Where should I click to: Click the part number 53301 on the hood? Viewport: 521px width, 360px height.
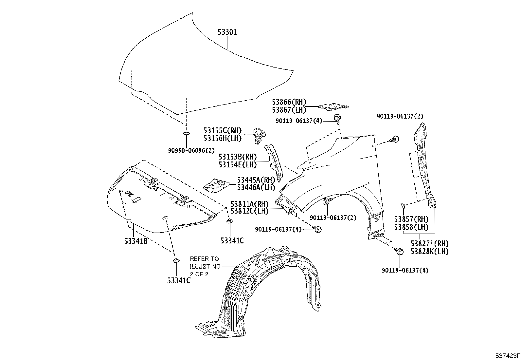click(227, 32)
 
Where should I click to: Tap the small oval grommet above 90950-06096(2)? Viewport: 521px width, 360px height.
click(187, 134)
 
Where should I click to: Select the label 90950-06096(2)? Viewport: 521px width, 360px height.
click(191, 150)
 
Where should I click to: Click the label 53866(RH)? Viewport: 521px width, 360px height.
click(289, 102)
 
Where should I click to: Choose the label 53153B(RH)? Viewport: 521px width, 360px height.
click(238, 157)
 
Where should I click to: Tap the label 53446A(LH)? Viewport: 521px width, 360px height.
click(256, 188)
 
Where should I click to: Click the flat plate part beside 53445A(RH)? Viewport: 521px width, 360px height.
click(216, 186)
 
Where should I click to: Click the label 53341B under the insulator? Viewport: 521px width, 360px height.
click(135, 241)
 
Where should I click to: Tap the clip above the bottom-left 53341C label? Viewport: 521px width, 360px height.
click(176, 260)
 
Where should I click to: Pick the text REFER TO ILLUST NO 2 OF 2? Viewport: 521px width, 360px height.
click(205, 266)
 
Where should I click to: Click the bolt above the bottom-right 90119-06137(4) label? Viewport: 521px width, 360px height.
click(400, 252)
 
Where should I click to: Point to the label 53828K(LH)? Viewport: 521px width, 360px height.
click(429, 252)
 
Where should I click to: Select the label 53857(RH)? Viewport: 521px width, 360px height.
click(411, 219)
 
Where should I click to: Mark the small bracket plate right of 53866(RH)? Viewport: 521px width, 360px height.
click(334, 106)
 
